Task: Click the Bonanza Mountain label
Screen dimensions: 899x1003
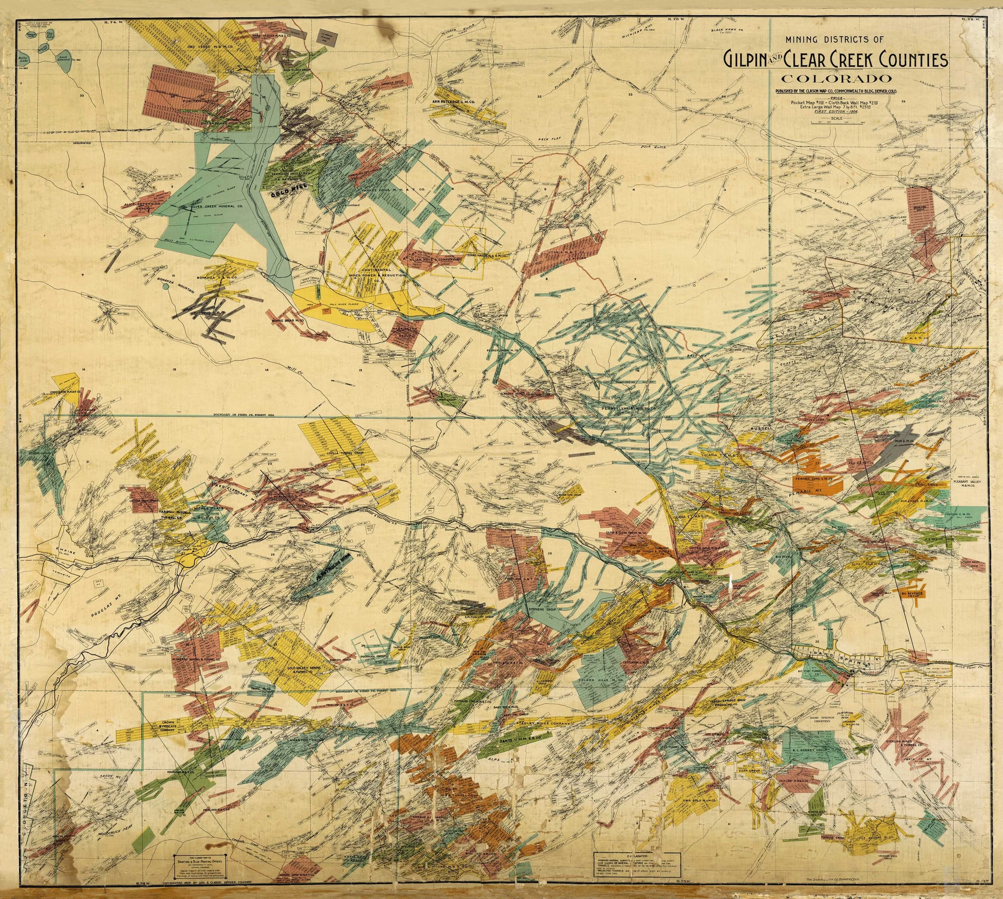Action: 177,287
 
